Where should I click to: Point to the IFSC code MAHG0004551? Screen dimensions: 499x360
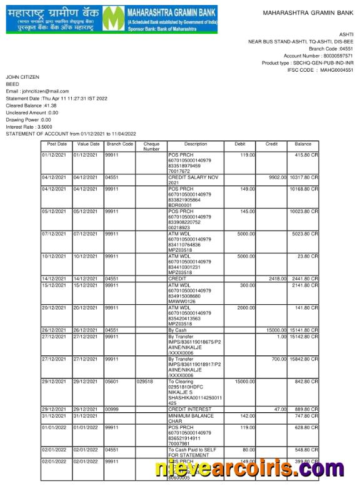coord(337,71)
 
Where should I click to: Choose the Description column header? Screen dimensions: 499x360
coord(196,144)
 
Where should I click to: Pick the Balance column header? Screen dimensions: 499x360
coord(303,144)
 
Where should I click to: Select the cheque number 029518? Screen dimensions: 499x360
coord(145,381)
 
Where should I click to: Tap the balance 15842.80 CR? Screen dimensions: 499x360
coord(304,359)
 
